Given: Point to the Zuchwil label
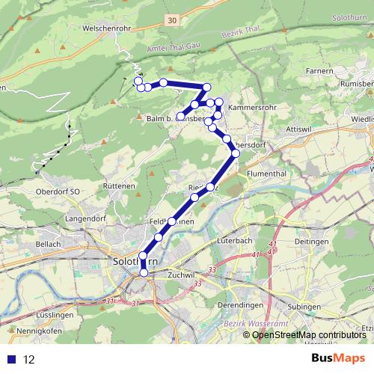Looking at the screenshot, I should tap(182, 275).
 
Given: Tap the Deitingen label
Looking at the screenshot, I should tap(313, 242).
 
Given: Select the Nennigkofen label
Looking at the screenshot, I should tap(31, 329).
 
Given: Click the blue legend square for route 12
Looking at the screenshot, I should tap(9, 360).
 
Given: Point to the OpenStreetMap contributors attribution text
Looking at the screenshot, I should tap(308, 334).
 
